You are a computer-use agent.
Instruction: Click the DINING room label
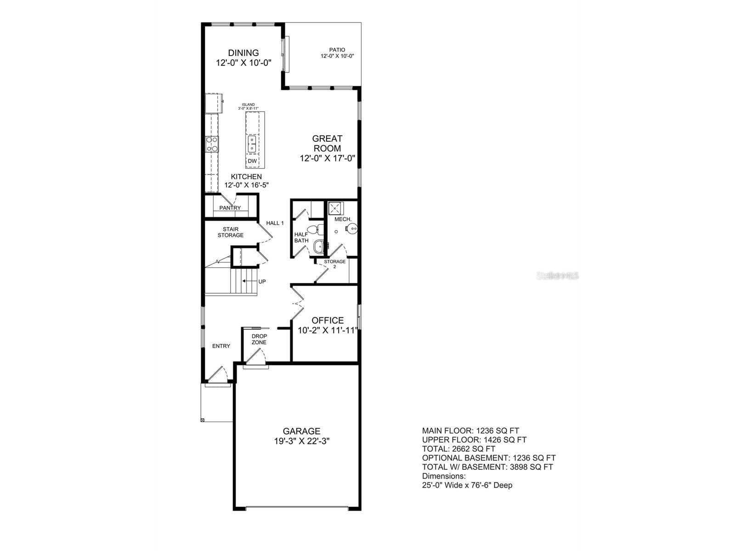pyautogui.click(x=244, y=53)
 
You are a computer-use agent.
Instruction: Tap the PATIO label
pyautogui.click(x=337, y=50)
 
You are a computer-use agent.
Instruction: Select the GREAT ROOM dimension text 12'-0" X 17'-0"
pyautogui.click(x=328, y=158)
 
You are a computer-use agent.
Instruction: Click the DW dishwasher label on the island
pyautogui.click(x=252, y=161)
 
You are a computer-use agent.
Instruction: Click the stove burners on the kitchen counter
pyautogui.click(x=212, y=144)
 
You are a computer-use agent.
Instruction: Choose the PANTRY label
pyautogui.click(x=230, y=208)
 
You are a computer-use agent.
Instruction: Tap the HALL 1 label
pyautogui.click(x=275, y=223)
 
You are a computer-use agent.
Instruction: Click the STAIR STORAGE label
pyautogui.click(x=231, y=232)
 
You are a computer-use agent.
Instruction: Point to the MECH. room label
pyautogui.click(x=343, y=219)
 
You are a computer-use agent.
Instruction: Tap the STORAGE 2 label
pyautogui.click(x=335, y=264)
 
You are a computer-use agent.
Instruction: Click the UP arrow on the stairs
pyautogui.click(x=250, y=281)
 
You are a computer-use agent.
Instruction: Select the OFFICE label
pyautogui.click(x=328, y=320)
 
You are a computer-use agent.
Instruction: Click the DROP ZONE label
pyautogui.click(x=259, y=339)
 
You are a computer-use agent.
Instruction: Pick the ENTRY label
pyautogui.click(x=221, y=346)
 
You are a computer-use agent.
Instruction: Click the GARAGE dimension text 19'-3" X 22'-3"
pyautogui.click(x=301, y=441)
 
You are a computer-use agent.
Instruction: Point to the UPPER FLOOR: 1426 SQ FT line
pyautogui.click(x=474, y=439)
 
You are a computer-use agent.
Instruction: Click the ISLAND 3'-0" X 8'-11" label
pyautogui.click(x=249, y=107)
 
